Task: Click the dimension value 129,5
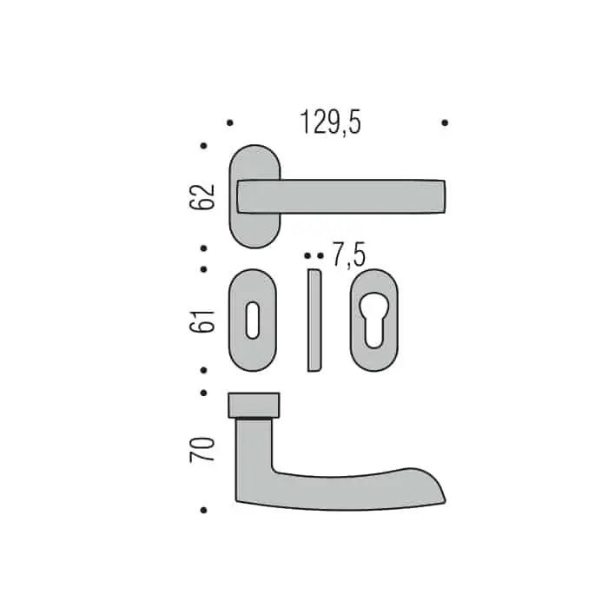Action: pos(330,122)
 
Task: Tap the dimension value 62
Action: pos(202,197)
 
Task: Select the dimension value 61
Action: pos(202,321)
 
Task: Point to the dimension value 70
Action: pos(202,449)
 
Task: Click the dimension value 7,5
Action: pos(349,254)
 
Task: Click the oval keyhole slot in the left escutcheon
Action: pos(253,320)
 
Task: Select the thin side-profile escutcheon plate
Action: pos(314,321)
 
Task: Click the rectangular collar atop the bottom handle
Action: pos(254,406)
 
